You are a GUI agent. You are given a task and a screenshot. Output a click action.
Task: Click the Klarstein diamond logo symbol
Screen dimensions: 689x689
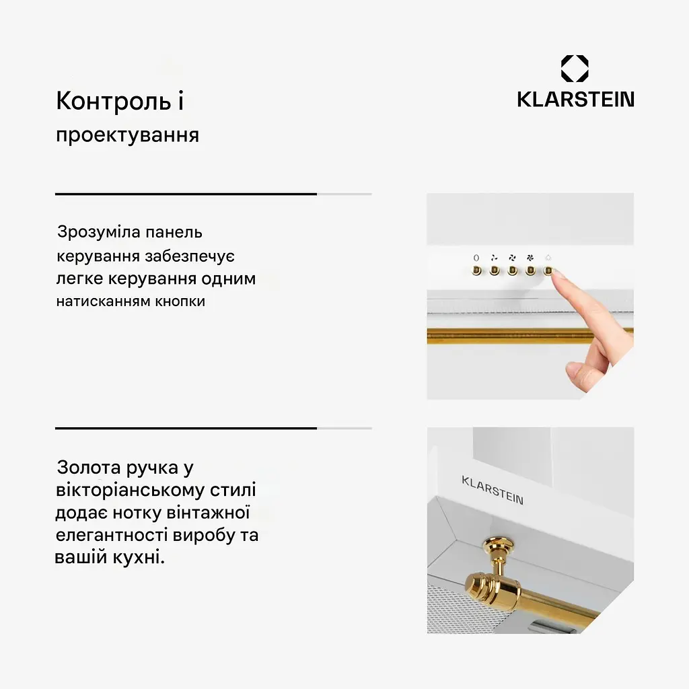(575, 69)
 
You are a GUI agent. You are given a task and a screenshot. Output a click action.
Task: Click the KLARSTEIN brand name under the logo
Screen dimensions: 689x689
(576, 100)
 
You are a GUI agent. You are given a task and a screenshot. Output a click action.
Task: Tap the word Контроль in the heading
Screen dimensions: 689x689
(113, 101)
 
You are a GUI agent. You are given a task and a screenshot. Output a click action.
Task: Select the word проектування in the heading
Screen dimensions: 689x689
(127, 135)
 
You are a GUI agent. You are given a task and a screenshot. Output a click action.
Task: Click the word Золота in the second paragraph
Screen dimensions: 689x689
(89, 468)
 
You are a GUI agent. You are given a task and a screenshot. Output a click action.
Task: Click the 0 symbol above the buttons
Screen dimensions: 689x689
(476, 258)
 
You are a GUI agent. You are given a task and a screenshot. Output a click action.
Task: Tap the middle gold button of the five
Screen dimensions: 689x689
(512, 270)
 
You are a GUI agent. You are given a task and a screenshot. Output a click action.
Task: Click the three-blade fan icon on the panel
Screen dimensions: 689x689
(512, 258)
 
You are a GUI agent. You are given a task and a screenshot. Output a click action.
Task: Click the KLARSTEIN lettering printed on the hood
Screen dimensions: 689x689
(493, 491)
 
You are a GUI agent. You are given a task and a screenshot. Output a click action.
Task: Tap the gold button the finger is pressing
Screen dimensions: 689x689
(548, 270)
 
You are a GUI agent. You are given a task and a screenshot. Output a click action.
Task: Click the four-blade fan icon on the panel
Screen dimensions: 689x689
(530, 258)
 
